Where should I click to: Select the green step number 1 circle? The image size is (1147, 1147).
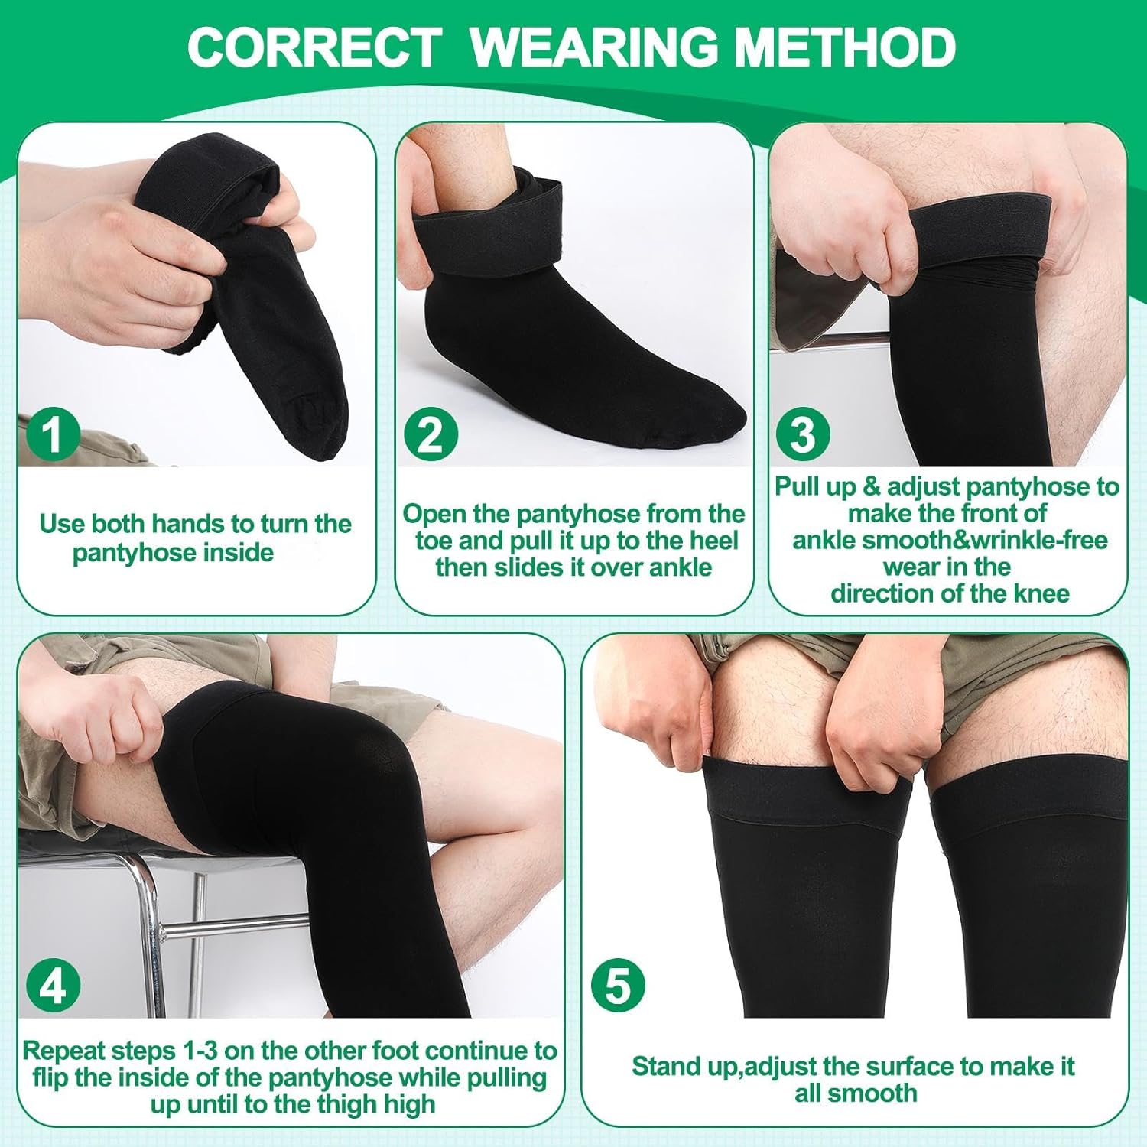[x=51, y=434]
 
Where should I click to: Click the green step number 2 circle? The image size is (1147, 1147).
[x=431, y=434]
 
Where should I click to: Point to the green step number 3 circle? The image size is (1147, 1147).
[x=803, y=434]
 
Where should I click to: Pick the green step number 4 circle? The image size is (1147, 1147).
[x=51, y=986]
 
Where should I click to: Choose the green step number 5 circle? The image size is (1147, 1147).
[x=619, y=986]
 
